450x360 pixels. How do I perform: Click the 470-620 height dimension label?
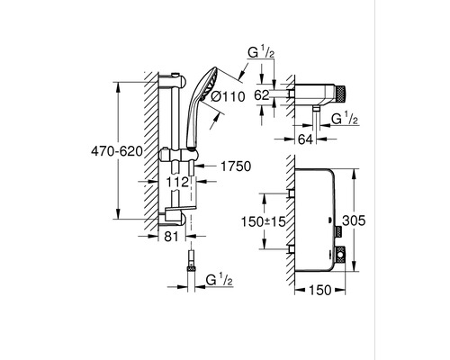pos(117,152)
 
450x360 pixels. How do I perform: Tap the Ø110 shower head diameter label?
pos(228,96)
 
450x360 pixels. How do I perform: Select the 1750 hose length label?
pos(236,166)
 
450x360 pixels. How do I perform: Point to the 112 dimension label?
pos(178,182)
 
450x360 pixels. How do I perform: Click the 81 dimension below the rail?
pos(171,237)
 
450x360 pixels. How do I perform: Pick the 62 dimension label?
pos(262,95)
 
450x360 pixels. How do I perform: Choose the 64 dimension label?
pos(305,139)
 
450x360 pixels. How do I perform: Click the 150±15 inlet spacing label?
pos(264,221)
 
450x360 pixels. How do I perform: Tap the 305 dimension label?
pos(354,220)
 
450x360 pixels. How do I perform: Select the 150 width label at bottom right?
pos(320,290)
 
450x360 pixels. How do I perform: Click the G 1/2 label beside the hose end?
pos(220,280)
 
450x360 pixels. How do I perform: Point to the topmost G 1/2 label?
pos(261,53)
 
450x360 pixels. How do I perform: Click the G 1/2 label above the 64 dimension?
pos(345,119)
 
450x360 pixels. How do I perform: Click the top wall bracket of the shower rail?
pos(174,81)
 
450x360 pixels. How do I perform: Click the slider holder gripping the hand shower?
pos(178,155)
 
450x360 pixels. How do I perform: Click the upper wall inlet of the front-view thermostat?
pos(291,193)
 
